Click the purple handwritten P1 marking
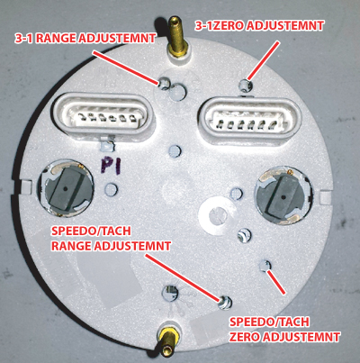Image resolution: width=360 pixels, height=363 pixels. pos(111,166)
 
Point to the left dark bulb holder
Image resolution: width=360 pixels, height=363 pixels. pos(66,190)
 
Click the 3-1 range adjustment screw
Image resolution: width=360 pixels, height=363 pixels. pos(164,83)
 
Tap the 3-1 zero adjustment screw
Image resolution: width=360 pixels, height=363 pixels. pos(246,85)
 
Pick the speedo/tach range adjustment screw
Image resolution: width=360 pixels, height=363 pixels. pos(225,302)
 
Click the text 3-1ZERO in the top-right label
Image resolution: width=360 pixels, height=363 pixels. pos(220,25)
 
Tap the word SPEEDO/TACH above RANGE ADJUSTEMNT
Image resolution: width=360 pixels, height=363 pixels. pos(91,231)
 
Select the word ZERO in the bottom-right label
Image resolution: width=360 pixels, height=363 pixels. pos(245,337)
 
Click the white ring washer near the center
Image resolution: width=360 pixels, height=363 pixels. pos(217,214)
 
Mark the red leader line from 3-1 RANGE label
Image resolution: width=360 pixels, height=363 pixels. pos(125,67)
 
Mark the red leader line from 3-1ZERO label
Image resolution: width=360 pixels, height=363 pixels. pos(264,59)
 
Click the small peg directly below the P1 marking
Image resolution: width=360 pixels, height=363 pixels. pos(112,188)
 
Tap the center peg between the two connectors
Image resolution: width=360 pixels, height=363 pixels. pos(175,150)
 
